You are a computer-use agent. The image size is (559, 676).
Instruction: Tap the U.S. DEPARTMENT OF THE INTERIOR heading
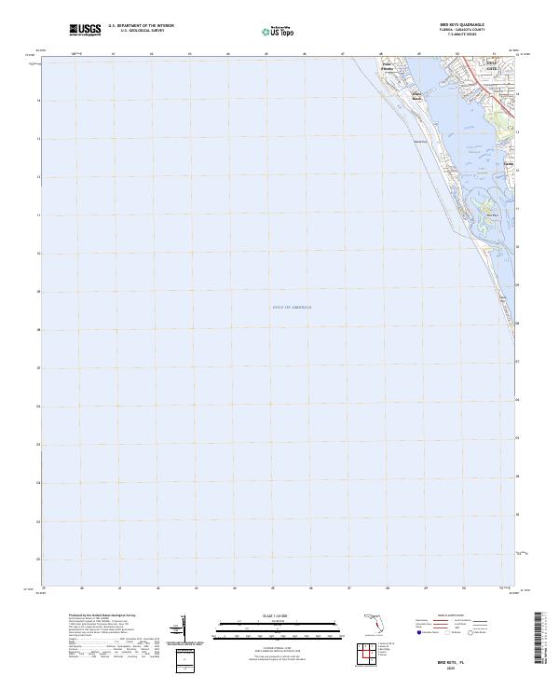(141, 26)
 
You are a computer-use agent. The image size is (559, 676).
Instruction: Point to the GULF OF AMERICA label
(293, 307)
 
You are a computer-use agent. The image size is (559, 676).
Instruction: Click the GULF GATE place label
(491, 66)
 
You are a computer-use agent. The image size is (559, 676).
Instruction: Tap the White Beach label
(417, 96)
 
